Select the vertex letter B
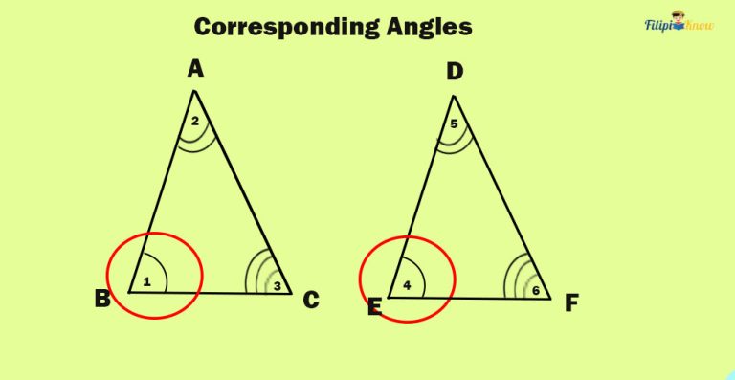[102, 299]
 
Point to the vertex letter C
[311, 300]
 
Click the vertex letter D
[455, 72]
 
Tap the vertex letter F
[571, 302]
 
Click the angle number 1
[146, 281]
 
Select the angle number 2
[194, 121]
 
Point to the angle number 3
[278, 285]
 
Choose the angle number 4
[407, 285]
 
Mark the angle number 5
[454, 123]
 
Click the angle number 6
[536, 290]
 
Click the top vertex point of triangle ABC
[194, 91]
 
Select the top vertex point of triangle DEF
[454, 95]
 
